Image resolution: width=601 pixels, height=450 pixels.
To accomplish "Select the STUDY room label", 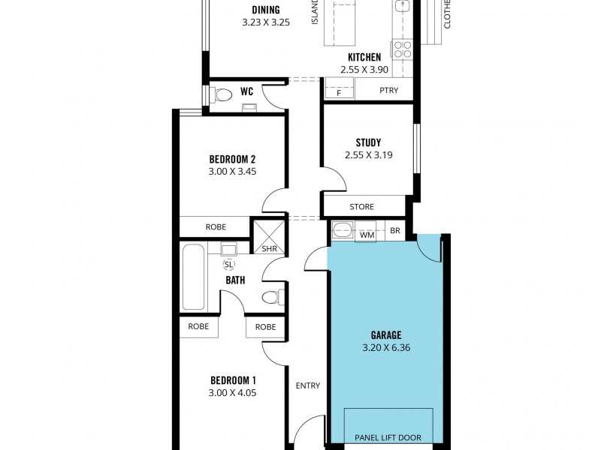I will click(x=368, y=142).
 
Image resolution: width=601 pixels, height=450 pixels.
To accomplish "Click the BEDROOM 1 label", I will click(x=233, y=380).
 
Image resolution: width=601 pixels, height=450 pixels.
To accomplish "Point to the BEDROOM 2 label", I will click(x=233, y=159).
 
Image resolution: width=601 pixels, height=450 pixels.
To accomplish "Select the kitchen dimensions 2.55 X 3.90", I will click(x=364, y=69).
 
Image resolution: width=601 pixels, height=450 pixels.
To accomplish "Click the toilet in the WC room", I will click(x=220, y=95).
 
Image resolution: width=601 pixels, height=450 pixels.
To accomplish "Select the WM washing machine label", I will click(x=367, y=235).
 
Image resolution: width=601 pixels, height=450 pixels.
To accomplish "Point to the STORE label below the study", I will click(x=362, y=207).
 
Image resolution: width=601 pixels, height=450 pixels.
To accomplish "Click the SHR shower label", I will click(x=268, y=250).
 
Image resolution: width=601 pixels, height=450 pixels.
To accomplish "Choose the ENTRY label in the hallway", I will click(x=308, y=386).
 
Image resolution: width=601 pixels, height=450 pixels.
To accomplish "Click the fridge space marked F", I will click(x=339, y=93).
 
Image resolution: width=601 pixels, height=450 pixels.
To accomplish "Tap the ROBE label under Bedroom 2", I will click(x=216, y=226).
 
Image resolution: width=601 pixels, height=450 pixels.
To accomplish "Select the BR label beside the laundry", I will click(x=395, y=232).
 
